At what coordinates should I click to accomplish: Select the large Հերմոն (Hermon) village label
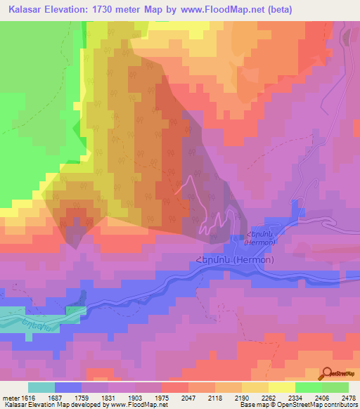pos(236,259)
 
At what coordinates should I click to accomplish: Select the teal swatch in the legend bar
pos(41,387)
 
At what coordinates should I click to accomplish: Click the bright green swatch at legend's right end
pos(335,387)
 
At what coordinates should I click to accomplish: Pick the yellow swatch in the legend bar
pos(282,387)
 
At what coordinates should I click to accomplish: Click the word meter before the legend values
pos(10,398)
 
